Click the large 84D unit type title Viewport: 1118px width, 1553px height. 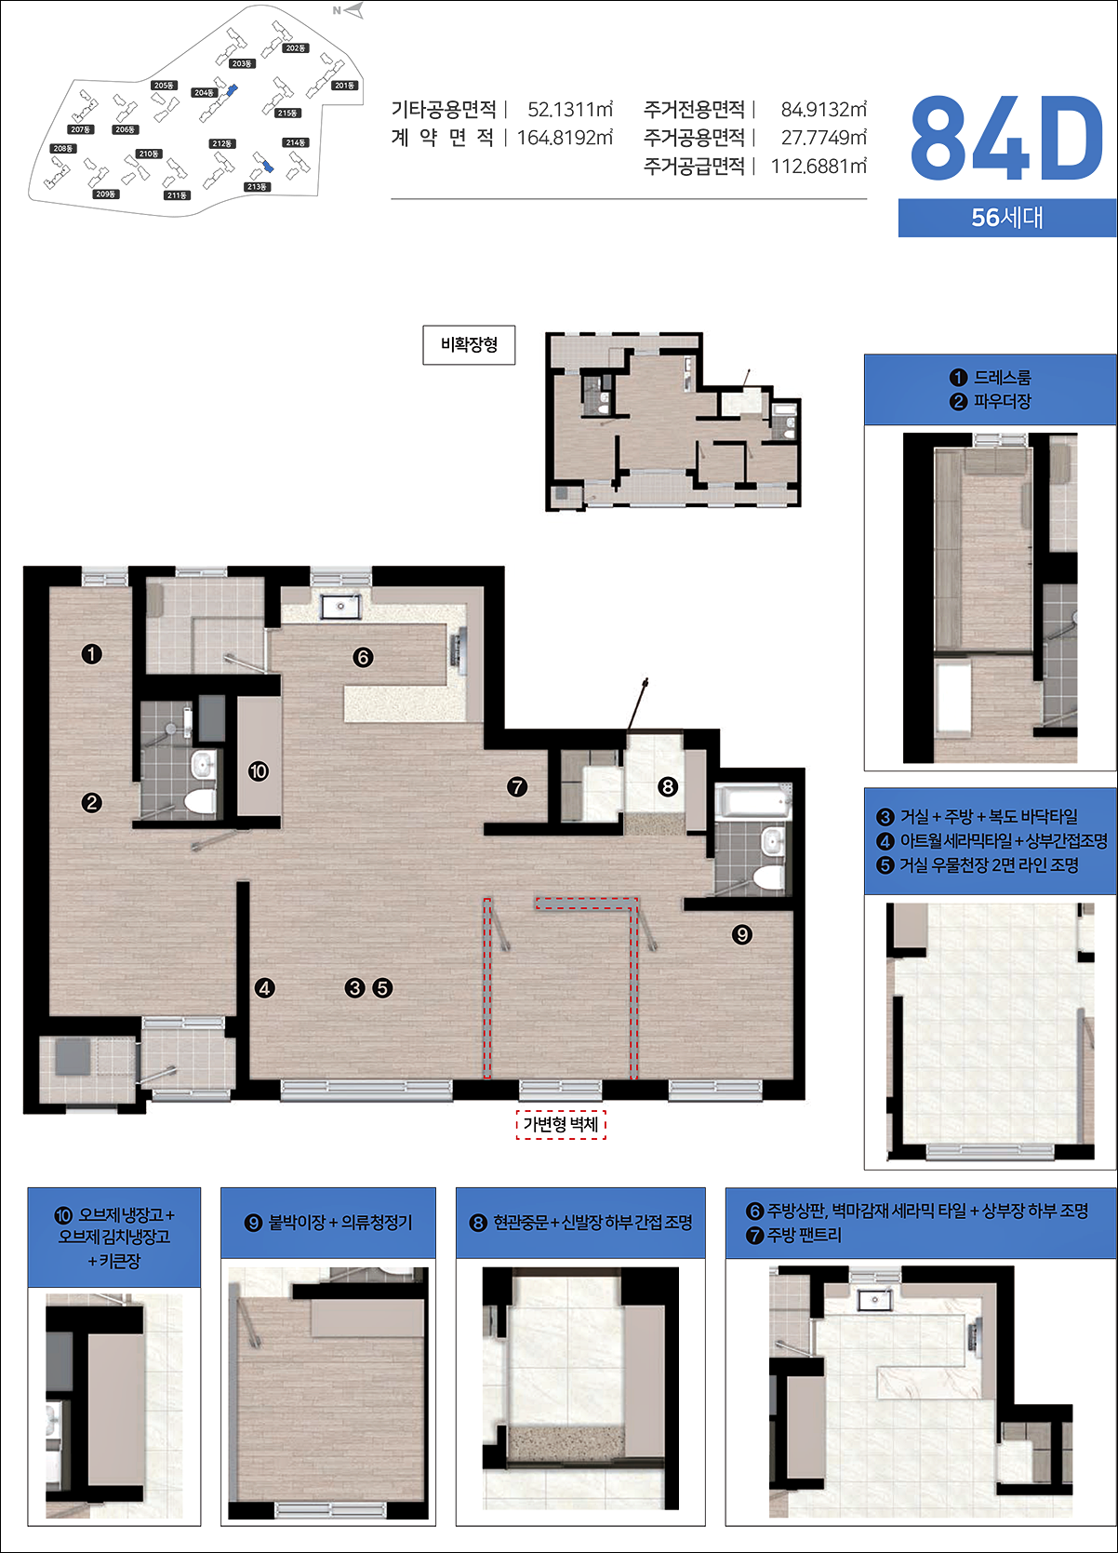tap(1006, 139)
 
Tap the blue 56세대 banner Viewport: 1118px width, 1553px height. tap(1007, 218)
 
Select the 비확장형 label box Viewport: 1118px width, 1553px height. tap(469, 344)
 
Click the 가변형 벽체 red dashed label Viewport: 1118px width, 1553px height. tap(561, 1124)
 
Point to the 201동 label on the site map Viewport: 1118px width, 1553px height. tap(344, 86)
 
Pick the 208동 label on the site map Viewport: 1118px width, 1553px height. tap(63, 148)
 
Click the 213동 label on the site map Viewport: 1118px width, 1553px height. tap(257, 186)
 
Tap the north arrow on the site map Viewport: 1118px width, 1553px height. tap(349, 10)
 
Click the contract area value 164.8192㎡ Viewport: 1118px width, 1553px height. tap(565, 138)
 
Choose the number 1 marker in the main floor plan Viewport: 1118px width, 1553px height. tap(91, 654)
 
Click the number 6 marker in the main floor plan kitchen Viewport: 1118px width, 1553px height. tap(363, 657)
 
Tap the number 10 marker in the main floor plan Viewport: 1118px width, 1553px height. tap(259, 771)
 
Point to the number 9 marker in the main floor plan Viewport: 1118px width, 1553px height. tap(741, 934)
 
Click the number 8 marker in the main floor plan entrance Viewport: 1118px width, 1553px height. tap(668, 786)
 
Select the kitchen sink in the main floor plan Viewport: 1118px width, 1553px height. tap(340, 607)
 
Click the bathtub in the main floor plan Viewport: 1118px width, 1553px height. tap(753, 803)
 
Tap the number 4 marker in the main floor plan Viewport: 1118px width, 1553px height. tap(264, 988)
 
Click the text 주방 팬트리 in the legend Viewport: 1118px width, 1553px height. tap(804, 1235)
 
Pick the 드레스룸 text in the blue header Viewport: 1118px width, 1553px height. tap(1003, 377)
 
